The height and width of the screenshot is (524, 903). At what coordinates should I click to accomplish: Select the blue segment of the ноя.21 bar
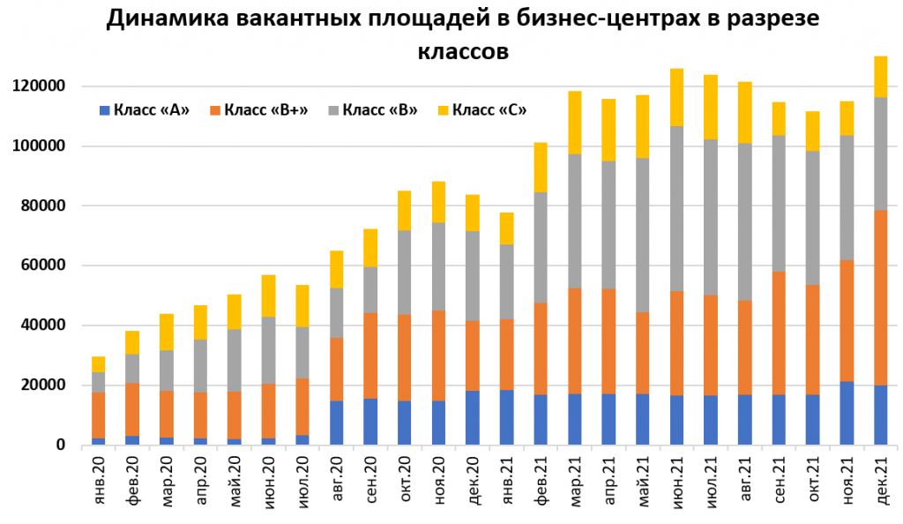point(846,413)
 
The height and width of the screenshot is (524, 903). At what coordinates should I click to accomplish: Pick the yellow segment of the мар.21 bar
point(575,123)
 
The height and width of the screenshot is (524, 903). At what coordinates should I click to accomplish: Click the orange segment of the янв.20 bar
point(98,415)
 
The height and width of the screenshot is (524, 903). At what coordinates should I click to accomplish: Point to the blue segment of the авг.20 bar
point(336,423)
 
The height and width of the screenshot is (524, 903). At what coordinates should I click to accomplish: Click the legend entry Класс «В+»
point(257,110)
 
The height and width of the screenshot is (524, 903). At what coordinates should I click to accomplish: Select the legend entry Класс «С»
point(487,110)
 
